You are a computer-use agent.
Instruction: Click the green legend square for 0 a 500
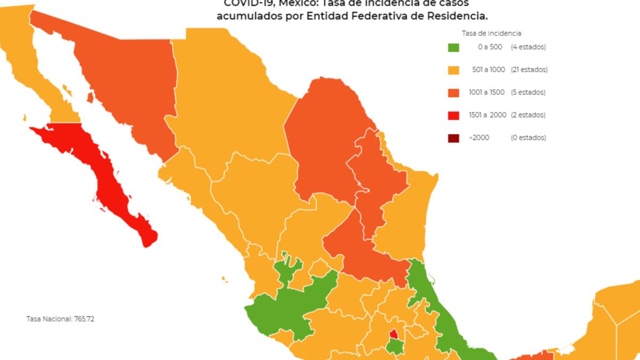(453, 47)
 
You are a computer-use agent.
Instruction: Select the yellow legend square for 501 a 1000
(453, 70)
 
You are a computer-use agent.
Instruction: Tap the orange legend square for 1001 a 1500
(453, 92)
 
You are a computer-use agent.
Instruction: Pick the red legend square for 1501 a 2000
(453, 115)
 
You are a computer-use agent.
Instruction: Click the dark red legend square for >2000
(453, 138)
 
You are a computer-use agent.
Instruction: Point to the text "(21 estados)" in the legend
(529, 70)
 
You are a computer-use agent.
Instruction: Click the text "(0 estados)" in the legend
(529, 138)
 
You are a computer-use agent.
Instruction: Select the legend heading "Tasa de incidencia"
(491, 33)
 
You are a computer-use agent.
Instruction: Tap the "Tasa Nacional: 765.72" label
(60, 319)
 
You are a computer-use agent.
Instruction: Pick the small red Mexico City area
(394, 334)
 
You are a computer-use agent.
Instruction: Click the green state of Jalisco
(288, 309)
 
